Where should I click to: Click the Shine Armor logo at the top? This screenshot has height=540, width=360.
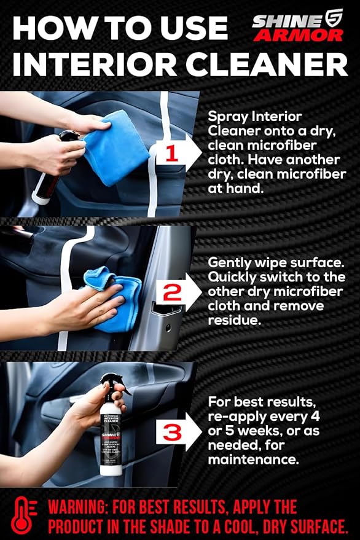click(297, 25)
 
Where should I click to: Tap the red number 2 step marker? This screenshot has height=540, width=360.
click(173, 292)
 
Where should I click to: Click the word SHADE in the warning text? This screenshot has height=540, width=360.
click(178, 527)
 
